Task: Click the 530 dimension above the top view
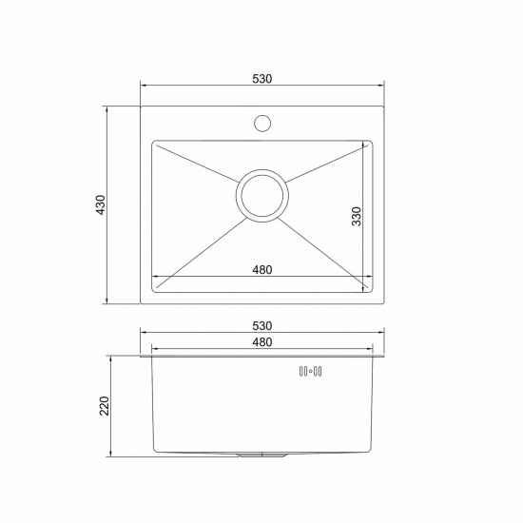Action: [x=262, y=79]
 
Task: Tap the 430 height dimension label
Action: [x=101, y=204]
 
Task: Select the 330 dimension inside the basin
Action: [x=357, y=217]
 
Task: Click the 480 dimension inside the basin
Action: [x=262, y=269]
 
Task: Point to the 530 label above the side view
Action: [x=262, y=325]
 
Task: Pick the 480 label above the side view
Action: [x=262, y=342]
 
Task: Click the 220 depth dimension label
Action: [x=105, y=406]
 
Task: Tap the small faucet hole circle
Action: [x=262, y=123]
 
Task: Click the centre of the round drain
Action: [x=262, y=196]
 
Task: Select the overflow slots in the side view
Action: [x=310, y=371]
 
